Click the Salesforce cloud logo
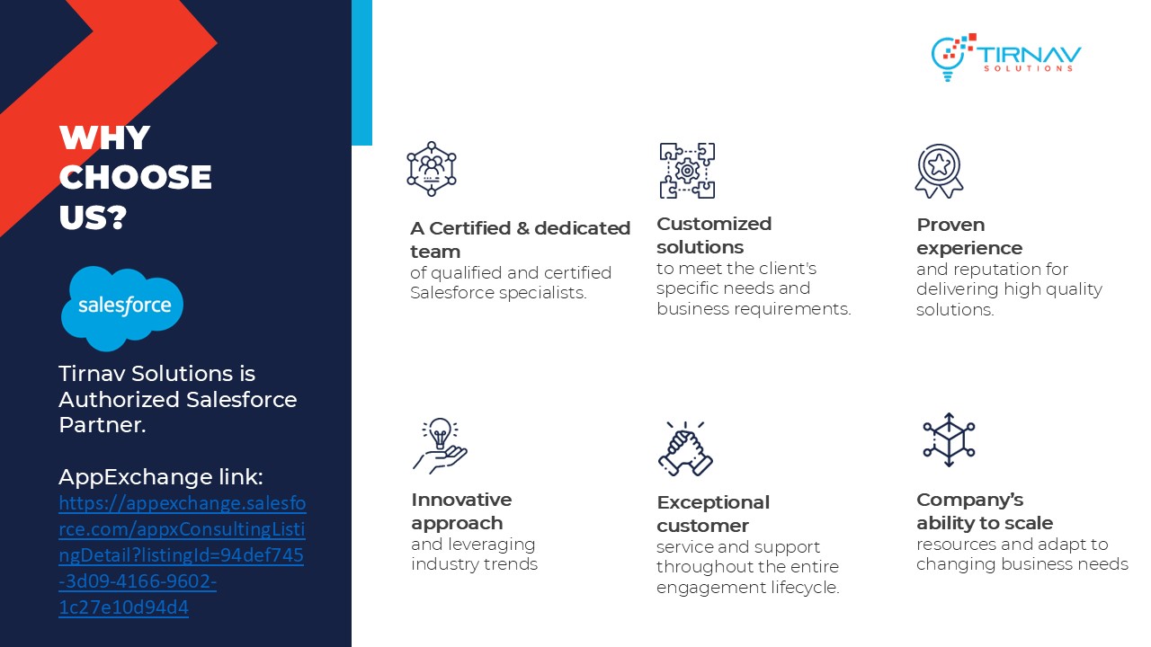121,308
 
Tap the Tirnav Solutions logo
1006,58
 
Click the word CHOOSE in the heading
135,177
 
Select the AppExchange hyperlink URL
182,554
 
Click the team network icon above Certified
431,169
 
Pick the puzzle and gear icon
687,171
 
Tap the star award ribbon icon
939,171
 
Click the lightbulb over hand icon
440,445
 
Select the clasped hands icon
685,448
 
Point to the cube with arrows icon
949,439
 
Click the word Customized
714,224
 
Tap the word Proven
950,225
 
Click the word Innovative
461,500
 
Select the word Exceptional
713,502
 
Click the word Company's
969,500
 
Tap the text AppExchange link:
161,477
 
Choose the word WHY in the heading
105,137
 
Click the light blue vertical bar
361,73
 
